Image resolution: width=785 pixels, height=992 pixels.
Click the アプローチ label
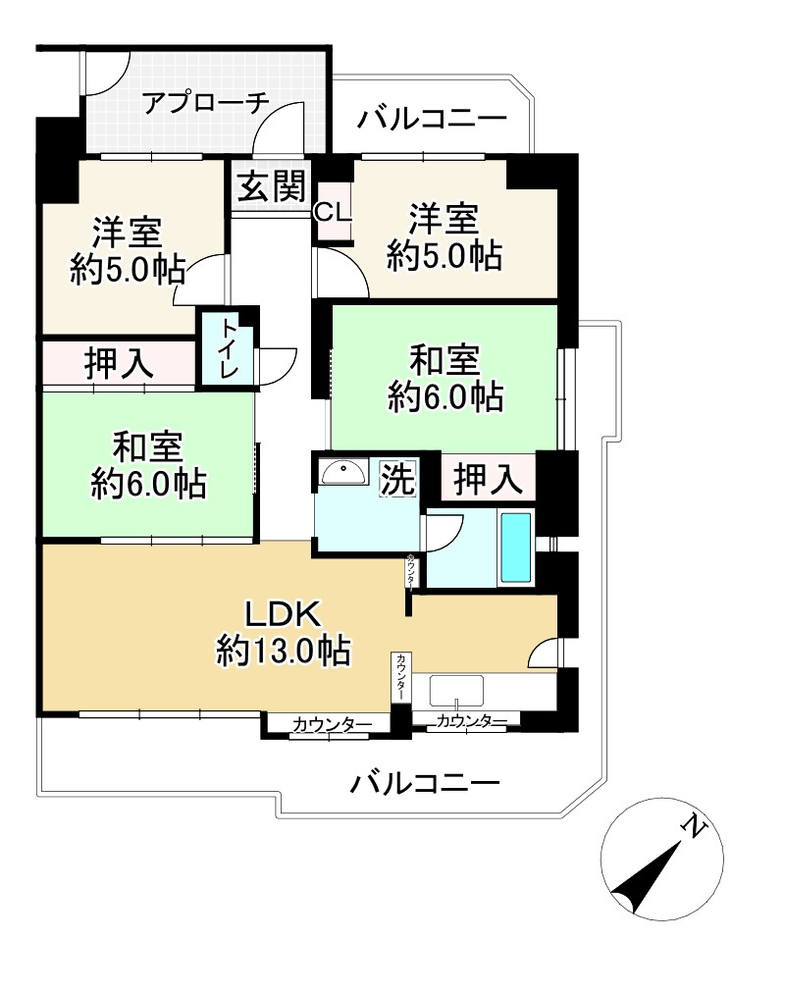point(205,103)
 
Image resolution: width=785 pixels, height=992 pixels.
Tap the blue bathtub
point(516,547)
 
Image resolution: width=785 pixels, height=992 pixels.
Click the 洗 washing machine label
point(397,479)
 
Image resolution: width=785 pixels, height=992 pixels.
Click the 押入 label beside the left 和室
point(119,364)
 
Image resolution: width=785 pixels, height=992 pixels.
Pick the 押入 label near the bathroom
point(487,480)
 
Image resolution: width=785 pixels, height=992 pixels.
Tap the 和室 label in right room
point(445,361)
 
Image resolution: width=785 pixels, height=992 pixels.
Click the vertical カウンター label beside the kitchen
point(401,677)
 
